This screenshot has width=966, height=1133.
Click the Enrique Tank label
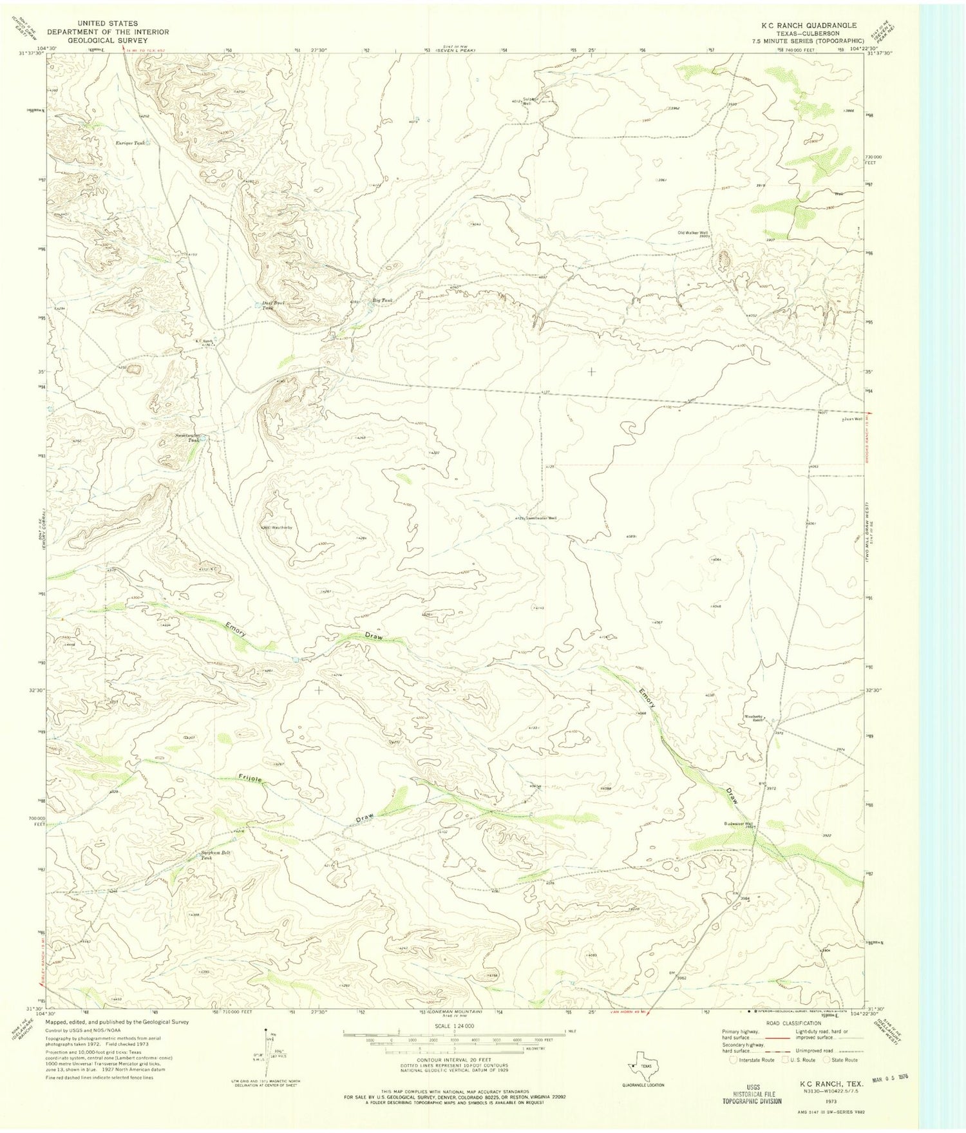(x=129, y=143)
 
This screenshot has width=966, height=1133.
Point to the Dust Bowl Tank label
(x=273, y=305)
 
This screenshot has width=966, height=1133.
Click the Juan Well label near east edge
(x=854, y=419)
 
